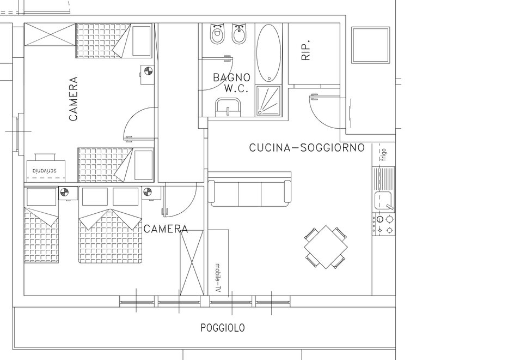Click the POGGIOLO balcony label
pyautogui.click(x=223, y=328)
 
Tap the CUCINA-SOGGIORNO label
pyautogui.click(x=307, y=148)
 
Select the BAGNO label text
pyautogui.click(x=231, y=77)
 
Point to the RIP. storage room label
pyautogui.click(x=305, y=50)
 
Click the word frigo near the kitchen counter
pyautogui.click(x=384, y=154)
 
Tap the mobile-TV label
pyautogui.click(x=218, y=278)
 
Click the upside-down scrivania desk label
pyautogui.click(x=45, y=171)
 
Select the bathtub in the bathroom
pyautogui.click(x=268, y=52)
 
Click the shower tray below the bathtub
pyautogui.click(x=268, y=100)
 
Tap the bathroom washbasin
pyautogui.click(x=228, y=107)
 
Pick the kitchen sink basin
pyautogui.click(x=383, y=200)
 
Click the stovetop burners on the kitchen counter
pyautogui.click(x=384, y=224)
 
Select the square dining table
pyautogui.click(x=326, y=247)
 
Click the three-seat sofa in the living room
pyautogui.click(x=249, y=189)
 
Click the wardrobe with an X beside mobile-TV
pyautogui.click(x=192, y=262)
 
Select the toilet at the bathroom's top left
pyautogui.click(x=217, y=34)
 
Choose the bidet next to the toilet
pyautogui.click(x=240, y=34)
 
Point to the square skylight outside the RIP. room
pyautogui.click(x=371, y=45)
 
